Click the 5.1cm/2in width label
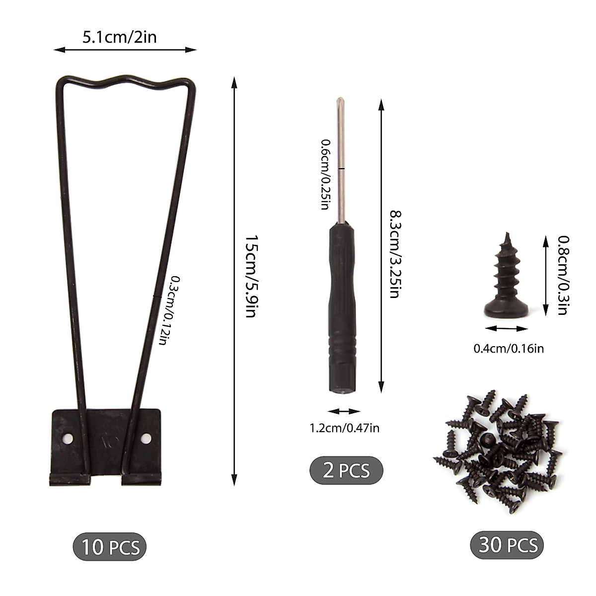click(x=119, y=37)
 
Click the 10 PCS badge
click(x=110, y=547)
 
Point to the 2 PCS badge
click(x=346, y=470)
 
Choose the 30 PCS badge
click(x=507, y=545)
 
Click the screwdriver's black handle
click(x=342, y=308)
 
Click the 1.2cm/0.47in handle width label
click(x=344, y=428)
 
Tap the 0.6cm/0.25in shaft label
click(x=324, y=174)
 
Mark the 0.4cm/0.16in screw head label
click(x=508, y=349)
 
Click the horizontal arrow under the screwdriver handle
click(x=344, y=411)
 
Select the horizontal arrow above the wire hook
click(x=125, y=49)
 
